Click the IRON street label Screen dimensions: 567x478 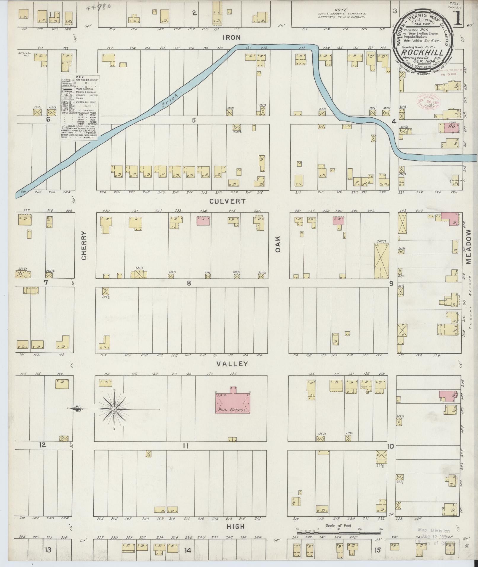pos(232,37)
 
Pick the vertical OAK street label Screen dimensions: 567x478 pos(278,246)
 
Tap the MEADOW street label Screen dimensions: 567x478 pos(468,247)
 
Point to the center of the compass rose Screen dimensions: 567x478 pos(114,409)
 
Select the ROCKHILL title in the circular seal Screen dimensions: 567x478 pos(423,52)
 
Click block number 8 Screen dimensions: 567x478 pos(189,283)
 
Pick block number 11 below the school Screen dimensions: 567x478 pos(186,445)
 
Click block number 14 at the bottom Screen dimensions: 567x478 pos(188,550)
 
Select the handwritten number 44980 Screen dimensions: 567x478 pos(98,7)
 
